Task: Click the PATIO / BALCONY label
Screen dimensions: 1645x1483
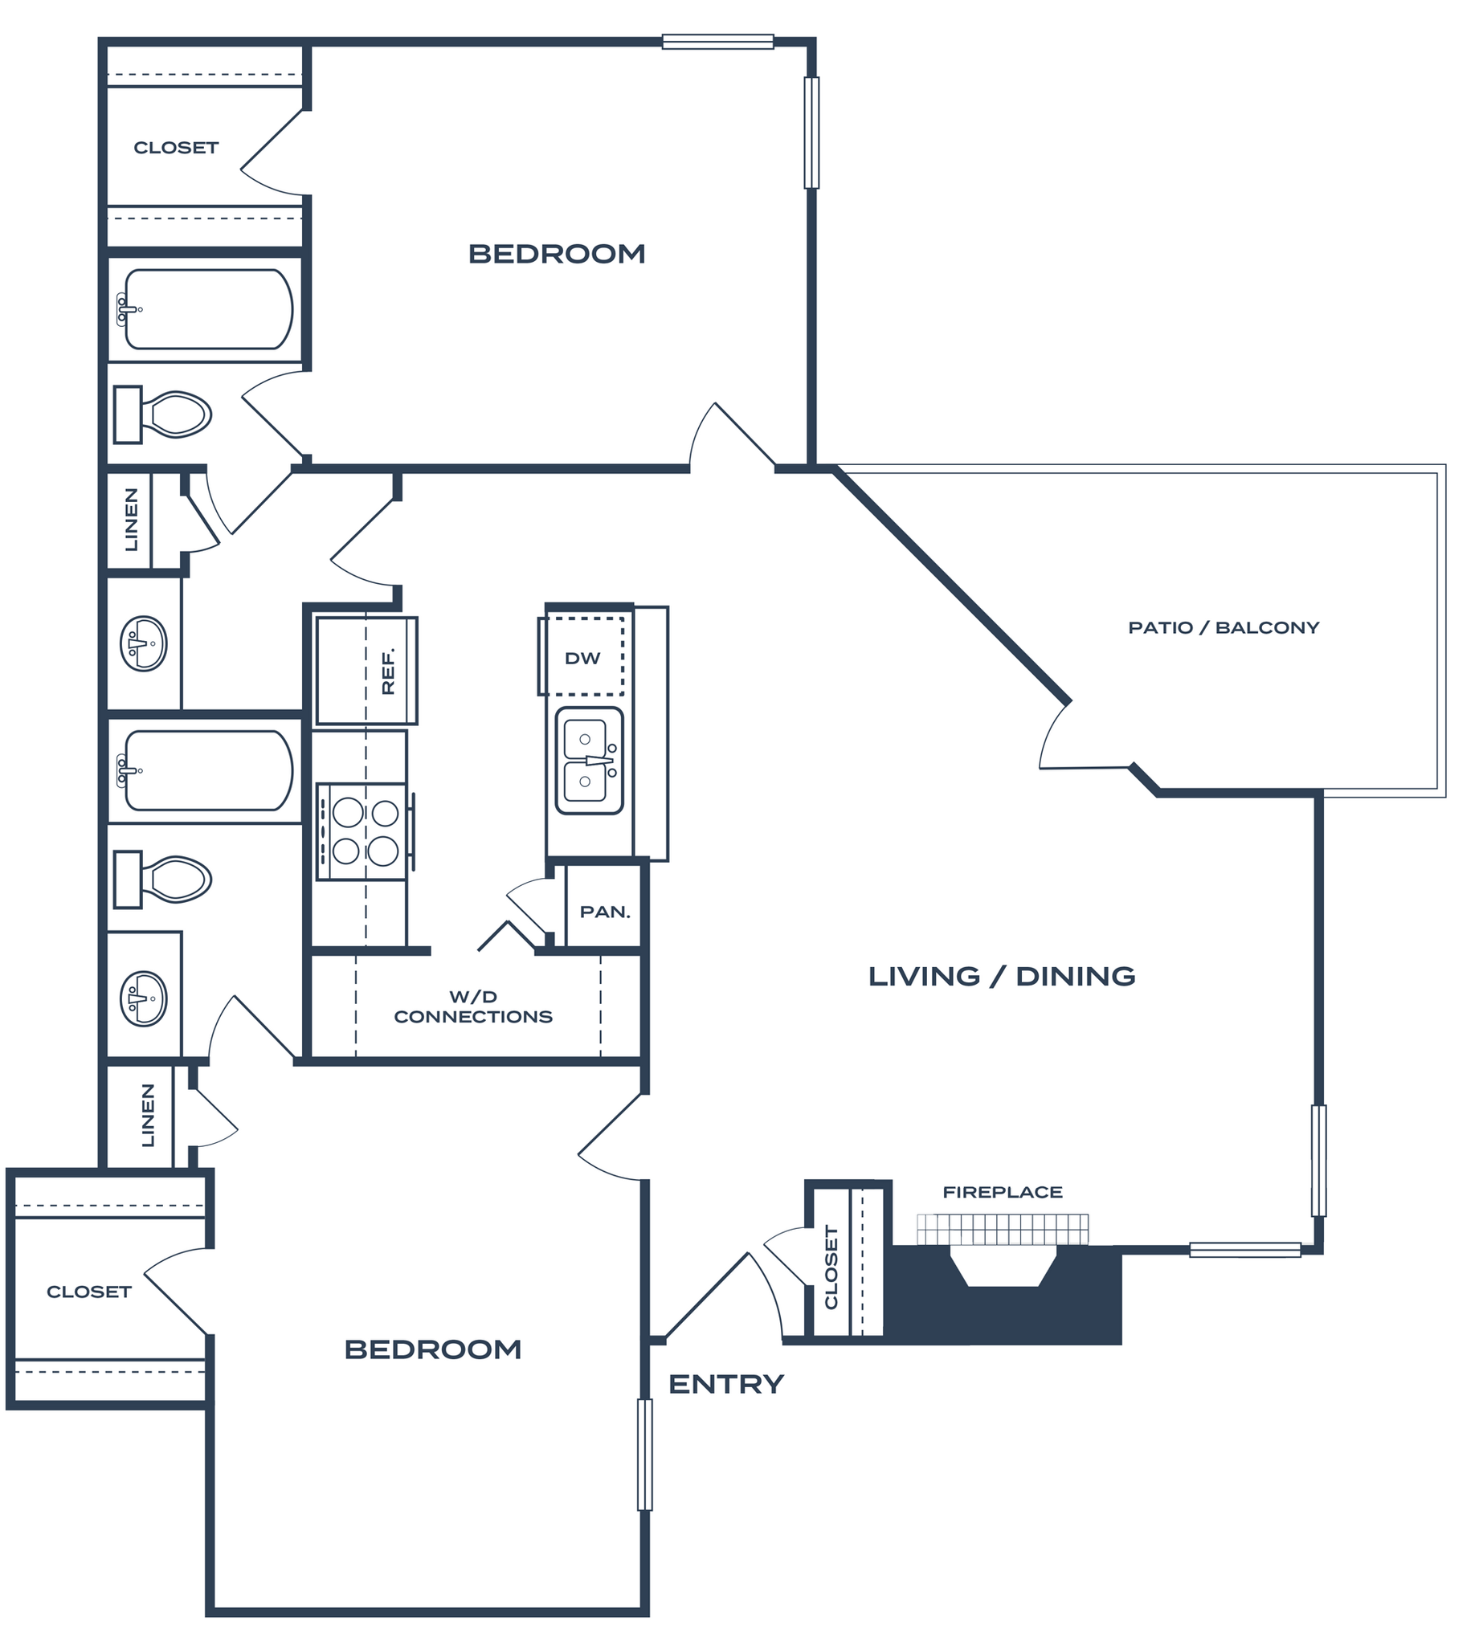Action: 1223,627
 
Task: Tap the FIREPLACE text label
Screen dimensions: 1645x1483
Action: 1003,1192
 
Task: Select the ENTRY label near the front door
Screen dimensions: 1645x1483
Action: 726,1383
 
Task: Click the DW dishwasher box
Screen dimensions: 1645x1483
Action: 582,659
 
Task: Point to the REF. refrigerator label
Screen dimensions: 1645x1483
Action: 388,671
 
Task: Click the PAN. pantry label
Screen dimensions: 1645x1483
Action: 605,912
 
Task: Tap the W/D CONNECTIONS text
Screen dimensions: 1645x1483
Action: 472,1007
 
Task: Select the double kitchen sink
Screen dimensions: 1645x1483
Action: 588,761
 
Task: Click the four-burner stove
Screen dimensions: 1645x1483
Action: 363,832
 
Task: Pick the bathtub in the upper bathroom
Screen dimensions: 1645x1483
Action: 209,309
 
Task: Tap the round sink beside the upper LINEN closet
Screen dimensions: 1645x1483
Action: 144,643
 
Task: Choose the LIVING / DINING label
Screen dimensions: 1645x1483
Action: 1002,976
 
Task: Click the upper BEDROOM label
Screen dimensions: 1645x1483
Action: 557,254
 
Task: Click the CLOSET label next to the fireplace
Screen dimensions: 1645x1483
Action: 831,1267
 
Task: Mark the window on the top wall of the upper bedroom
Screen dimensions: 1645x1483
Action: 717,42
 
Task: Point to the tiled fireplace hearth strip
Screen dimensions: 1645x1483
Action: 1003,1230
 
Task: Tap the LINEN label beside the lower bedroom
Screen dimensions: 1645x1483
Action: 148,1116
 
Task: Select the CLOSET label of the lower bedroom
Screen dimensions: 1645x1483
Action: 89,1292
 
